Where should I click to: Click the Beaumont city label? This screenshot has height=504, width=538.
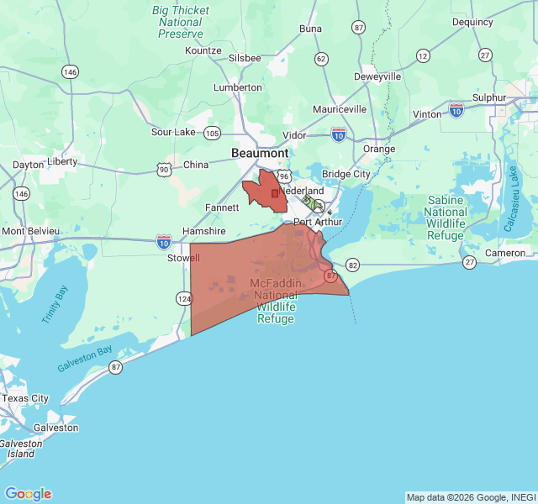point(260,154)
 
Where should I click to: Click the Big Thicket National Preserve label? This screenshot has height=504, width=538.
point(182,22)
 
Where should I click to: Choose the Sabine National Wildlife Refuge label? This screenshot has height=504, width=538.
point(446,218)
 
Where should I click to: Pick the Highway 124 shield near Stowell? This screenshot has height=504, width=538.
point(182,298)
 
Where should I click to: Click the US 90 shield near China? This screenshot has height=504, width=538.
point(163,170)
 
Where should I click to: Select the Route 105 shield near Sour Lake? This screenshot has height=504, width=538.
point(212,133)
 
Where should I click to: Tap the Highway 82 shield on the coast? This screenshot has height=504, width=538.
point(352,265)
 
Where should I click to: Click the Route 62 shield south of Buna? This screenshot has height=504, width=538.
point(321,59)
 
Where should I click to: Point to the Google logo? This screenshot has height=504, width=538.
point(28,494)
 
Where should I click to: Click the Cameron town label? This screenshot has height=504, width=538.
point(505,253)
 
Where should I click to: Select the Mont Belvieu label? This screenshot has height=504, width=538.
point(30,231)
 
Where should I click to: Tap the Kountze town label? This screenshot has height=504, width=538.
point(203,50)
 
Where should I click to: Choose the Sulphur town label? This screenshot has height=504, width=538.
point(489,97)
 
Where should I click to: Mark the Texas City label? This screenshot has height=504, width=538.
point(25,398)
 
